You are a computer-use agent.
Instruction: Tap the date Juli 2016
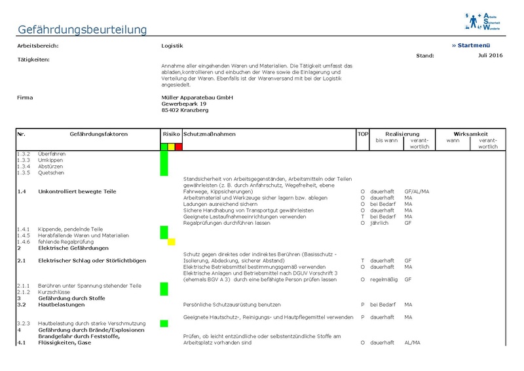click(489, 55)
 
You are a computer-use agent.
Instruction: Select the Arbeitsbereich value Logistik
click(172, 46)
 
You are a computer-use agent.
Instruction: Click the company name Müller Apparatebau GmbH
click(193, 97)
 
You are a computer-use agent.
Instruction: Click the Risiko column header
click(171, 134)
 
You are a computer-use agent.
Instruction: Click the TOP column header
click(363, 134)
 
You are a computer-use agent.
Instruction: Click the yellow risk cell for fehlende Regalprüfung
click(171, 242)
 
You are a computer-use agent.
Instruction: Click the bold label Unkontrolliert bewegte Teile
click(77, 191)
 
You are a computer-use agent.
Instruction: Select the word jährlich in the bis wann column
click(379, 223)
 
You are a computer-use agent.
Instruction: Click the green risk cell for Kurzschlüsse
click(164, 292)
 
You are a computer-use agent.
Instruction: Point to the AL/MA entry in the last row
click(413, 343)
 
